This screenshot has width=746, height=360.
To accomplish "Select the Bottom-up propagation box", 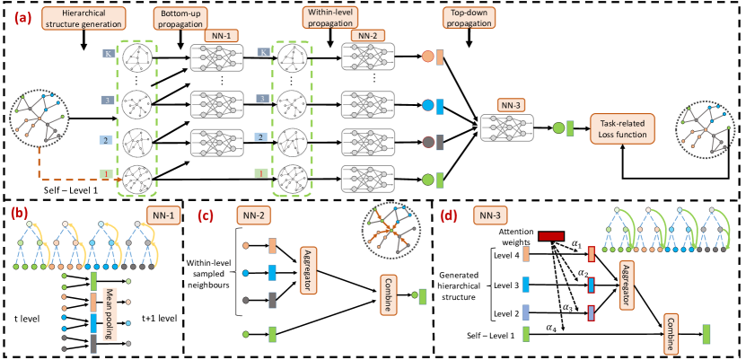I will (180, 20).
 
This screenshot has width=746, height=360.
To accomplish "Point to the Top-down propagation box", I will (470, 20).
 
